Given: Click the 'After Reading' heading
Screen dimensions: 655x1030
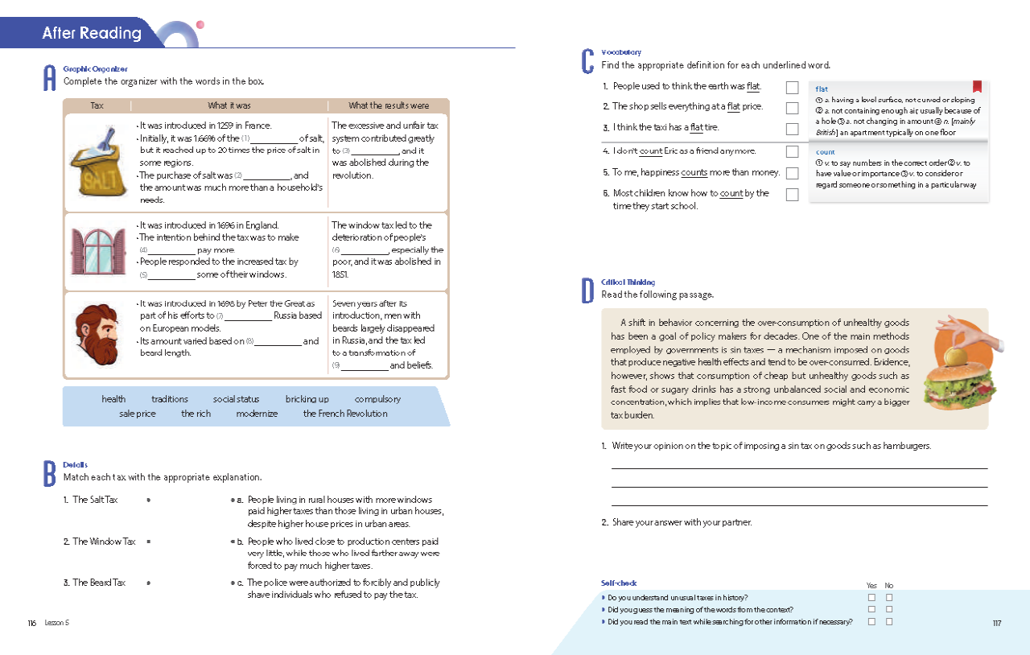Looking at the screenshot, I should [92, 33].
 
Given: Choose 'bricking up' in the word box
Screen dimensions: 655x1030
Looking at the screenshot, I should [307, 399].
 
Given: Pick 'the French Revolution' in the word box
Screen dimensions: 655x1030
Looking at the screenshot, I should [345, 414].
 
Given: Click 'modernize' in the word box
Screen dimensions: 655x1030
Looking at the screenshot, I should [257, 414].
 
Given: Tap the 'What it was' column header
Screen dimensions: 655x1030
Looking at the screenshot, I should [229, 105].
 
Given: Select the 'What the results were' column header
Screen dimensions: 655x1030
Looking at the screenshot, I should [389, 105].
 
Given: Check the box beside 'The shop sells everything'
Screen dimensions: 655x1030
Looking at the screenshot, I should [792, 107].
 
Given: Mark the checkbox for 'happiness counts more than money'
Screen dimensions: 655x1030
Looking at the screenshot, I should [792, 173].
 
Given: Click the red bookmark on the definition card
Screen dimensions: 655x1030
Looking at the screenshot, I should [977, 87].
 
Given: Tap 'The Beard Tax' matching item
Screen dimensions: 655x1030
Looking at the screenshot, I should [99, 583].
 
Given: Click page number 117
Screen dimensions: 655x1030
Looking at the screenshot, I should [996, 622].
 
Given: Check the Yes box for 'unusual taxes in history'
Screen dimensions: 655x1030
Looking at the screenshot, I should [871, 598].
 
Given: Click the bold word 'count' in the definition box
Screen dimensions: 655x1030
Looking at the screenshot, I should [825, 152].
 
